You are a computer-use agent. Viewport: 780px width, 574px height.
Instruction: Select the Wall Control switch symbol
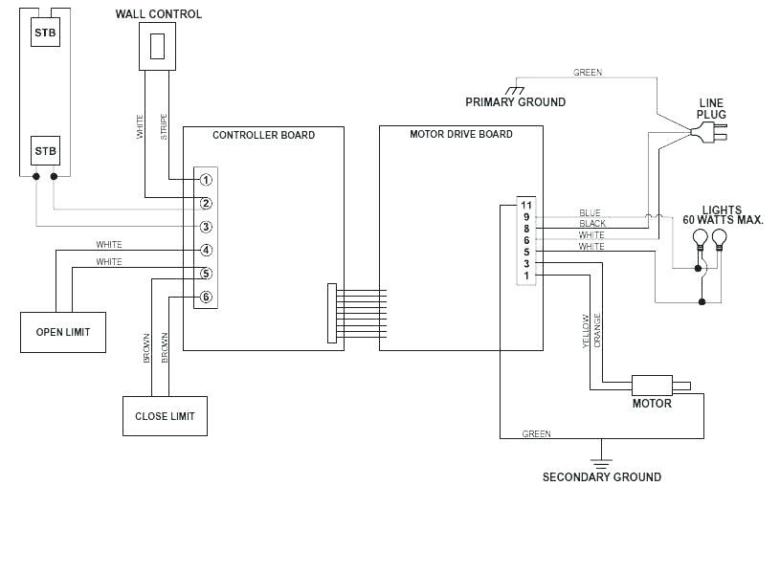[x=158, y=46]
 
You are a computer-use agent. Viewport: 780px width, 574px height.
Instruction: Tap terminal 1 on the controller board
[x=206, y=180]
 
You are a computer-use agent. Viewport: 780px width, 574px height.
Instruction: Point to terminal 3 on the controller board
[x=206, y=227]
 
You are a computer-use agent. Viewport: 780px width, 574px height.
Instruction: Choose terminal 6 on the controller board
[x=206, y=298]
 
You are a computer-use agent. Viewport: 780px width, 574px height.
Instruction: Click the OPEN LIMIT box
[x=63, y=332]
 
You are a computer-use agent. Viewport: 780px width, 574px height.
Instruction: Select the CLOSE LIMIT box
[x=165, y=415]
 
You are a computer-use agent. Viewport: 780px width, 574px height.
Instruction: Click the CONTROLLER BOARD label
[x=263, y=135]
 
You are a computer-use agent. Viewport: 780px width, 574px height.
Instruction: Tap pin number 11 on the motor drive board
[x=525, y=205]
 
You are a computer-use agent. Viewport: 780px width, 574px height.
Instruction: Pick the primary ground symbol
[x=515, y=89]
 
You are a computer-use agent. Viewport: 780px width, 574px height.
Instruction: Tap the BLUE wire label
[x=590, y=212]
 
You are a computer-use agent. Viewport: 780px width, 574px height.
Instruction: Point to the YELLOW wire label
[x=586, y=331]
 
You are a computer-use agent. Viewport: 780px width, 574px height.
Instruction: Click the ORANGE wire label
[x=597, y=330]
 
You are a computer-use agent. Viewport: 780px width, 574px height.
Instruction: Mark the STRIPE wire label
[x=164, y=128]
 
